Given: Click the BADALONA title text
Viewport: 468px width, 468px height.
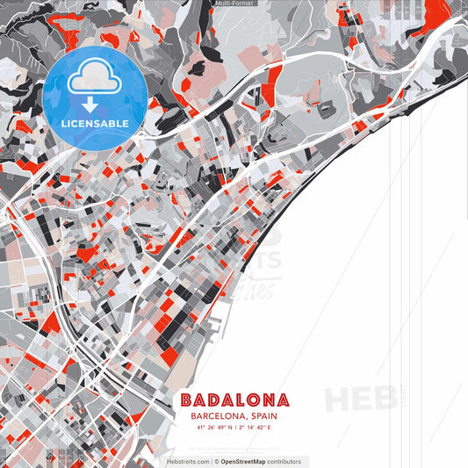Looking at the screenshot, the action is coord(234,400).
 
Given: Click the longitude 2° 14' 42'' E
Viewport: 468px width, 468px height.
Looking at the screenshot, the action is coord(255,428).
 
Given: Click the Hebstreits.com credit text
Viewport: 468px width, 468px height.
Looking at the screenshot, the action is coord(187,461).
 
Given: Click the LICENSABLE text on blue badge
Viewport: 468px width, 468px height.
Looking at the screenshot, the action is coord(95,123).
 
